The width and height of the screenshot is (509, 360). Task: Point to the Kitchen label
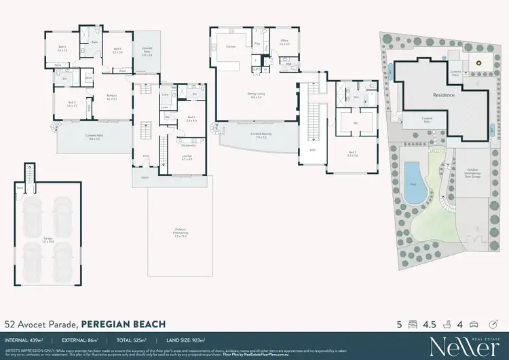[230, 47]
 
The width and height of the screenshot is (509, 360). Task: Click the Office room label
[284, 41]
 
